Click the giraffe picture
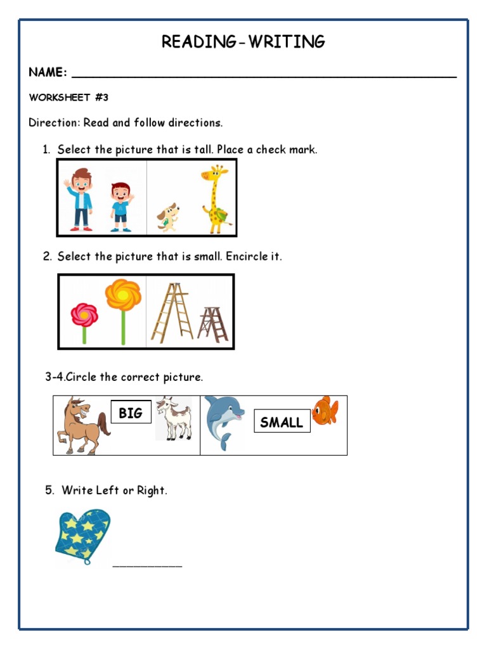click(x=216, y=198)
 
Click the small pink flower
click(x=84, y=321)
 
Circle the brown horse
click(x=81, y=425)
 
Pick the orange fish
click(x=325, y=411)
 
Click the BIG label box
click(x=131, y=413)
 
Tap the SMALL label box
click(x=282, y=422)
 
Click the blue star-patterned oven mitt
click(x=82, y=535)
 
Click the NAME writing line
click(x=264, y=74)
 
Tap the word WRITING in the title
click(x=287, y=42)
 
